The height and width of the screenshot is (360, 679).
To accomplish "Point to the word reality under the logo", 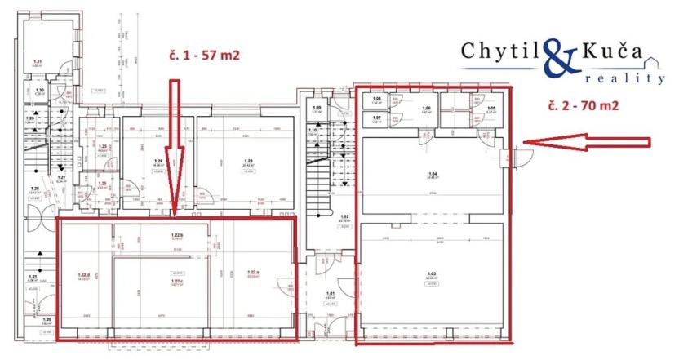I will coord(625,78).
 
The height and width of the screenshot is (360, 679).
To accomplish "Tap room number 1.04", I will coord(433,174).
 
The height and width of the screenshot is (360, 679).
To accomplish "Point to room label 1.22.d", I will coord(83,275).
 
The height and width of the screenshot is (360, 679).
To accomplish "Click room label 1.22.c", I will coord(175,282).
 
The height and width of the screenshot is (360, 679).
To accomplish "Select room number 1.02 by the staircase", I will coord(345,216).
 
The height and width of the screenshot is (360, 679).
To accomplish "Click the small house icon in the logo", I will coord(652,60).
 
